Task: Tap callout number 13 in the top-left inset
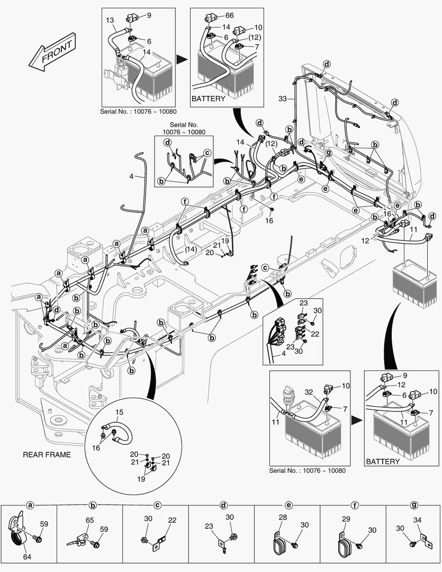(x=110, y=20)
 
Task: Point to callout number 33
(x=283, y=99)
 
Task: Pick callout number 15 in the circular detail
(x=119, y=412)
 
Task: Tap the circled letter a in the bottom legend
(x=30, y=505)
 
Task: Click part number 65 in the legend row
(x=90, y=521)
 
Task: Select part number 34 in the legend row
(x=418, y=520)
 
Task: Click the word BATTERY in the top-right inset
(x=208, y=99)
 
